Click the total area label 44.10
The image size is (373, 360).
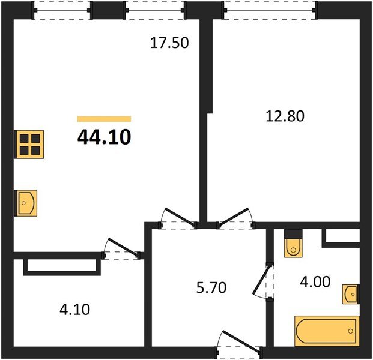[x=104, y=137]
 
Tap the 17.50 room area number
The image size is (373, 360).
[x=169, y=43]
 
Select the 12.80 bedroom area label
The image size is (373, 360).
[x=285, y=116]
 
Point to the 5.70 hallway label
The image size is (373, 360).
[x=211, y=287]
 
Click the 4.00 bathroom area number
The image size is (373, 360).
[x=315, y=281]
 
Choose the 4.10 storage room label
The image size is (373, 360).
[x=74, y=310]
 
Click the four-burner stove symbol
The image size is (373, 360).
[x=29, y=144]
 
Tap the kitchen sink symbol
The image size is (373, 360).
[x=26, y=203]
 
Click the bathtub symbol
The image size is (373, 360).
[x=327, y=331]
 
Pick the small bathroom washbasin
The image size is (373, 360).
[x=351, y=294]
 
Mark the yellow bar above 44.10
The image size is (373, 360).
[x=104, y=119]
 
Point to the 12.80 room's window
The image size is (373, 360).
[x=270, y=10]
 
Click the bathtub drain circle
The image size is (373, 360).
[x=350, y=331]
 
